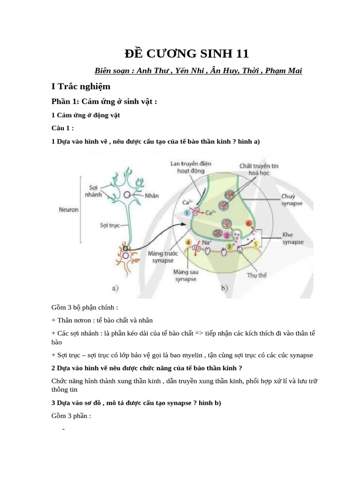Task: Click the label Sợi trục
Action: coord(108,225)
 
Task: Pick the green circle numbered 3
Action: coord(229,246)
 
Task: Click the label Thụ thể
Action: coord(257,275)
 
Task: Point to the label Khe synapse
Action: coord(293,238)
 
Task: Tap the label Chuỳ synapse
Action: coord(291,200)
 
